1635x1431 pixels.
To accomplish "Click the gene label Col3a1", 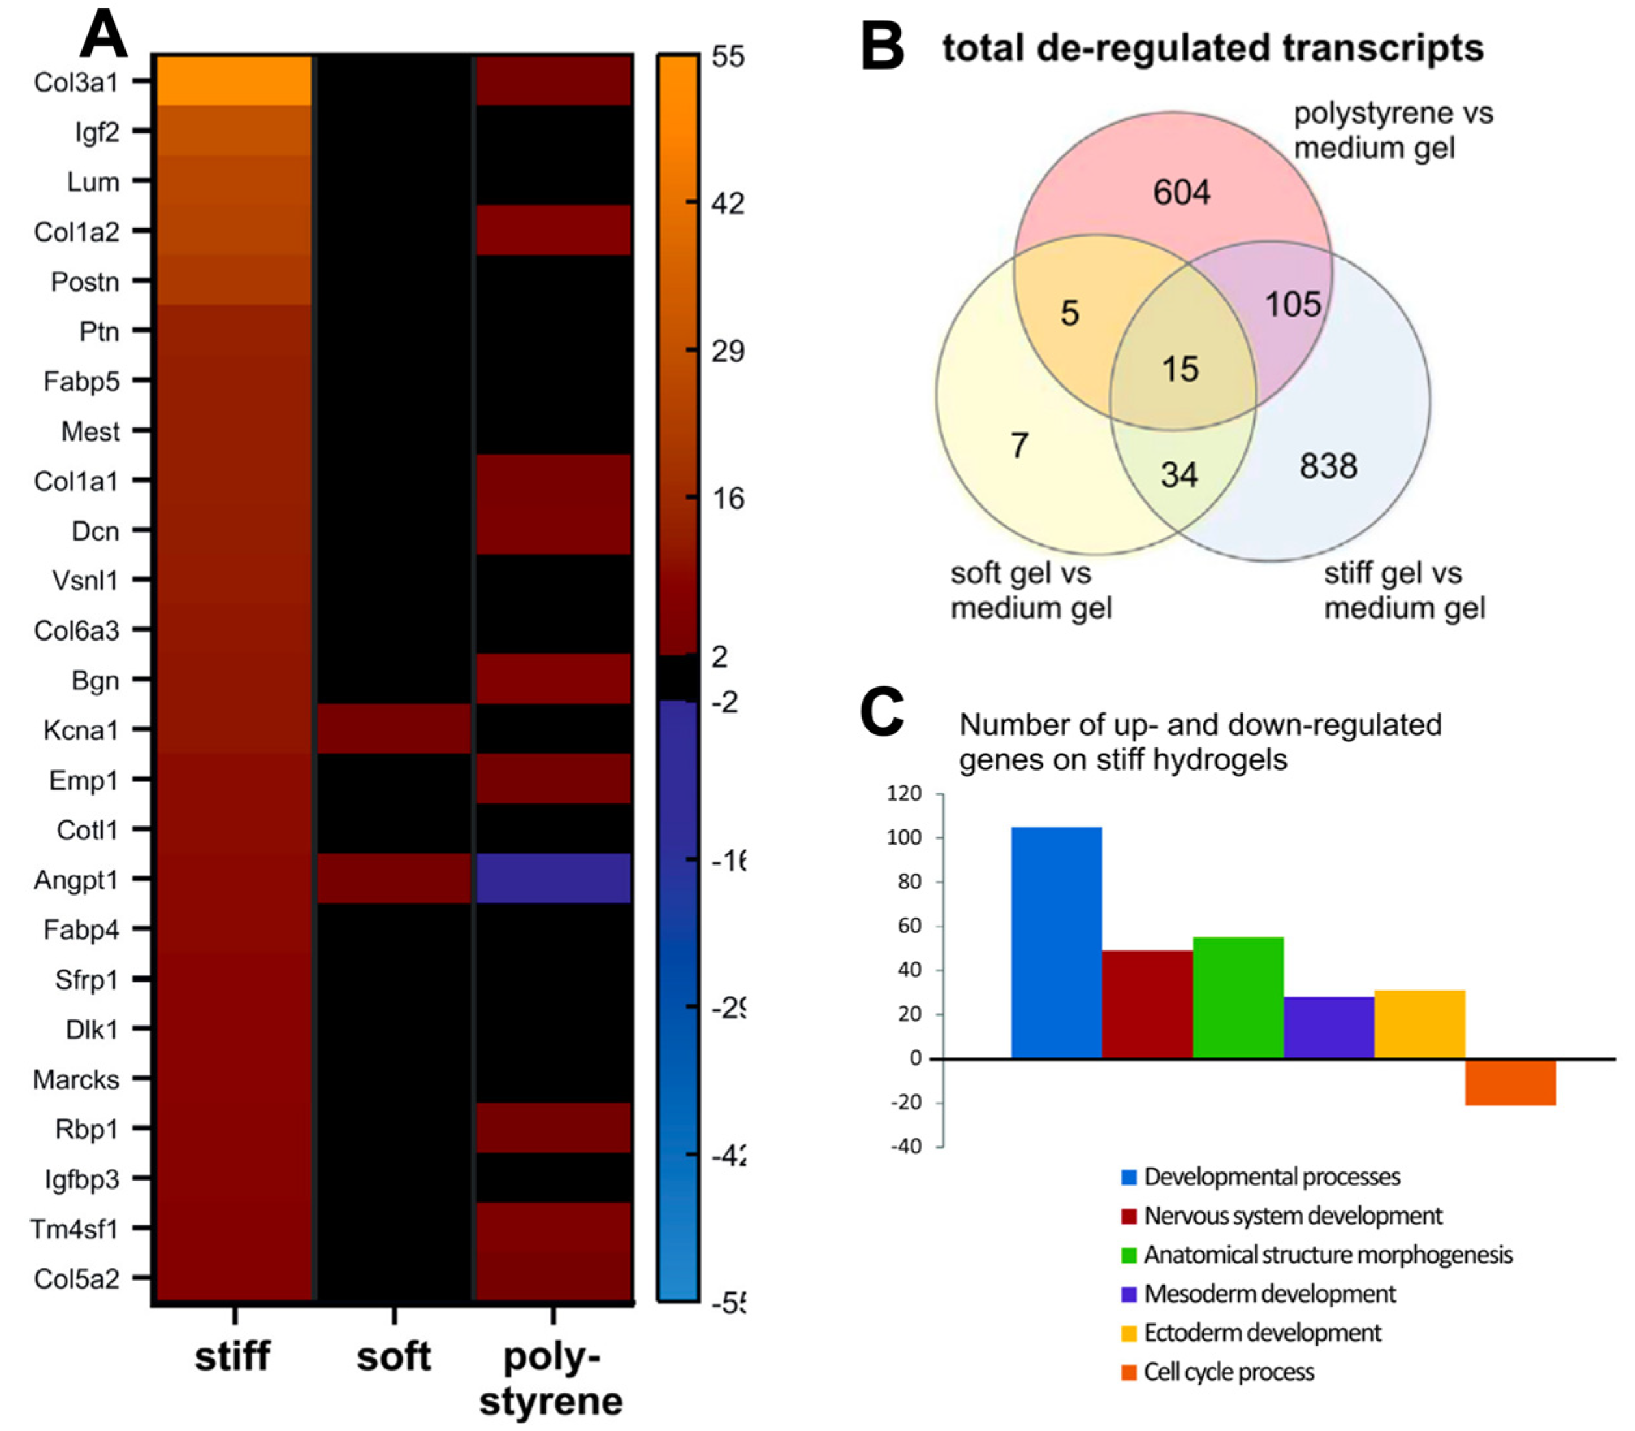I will click(76, 81).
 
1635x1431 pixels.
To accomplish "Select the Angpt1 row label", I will click(76, 879).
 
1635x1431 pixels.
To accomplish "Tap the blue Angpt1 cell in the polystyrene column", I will click(553, 878).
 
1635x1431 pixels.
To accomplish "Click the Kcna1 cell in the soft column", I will click(393, 729).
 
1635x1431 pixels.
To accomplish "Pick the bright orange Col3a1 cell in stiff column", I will click(232, 81).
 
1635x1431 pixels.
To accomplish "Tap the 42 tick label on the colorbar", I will click(726, 204).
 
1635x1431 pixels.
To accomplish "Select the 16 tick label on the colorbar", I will click(726, 499).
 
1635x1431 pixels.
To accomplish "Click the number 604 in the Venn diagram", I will click(1182, 193).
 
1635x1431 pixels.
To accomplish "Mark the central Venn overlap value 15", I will click(1180, 369).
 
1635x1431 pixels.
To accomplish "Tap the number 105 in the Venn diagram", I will click(1292, 304).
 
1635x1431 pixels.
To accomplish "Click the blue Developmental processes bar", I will click(1056, 943).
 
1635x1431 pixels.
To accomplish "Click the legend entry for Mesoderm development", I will click(1269, 1293).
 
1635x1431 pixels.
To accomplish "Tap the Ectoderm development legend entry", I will click(1262, 1332).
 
